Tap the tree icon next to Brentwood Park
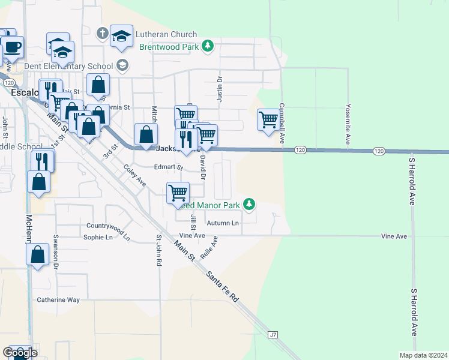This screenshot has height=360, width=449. tap(207, 46)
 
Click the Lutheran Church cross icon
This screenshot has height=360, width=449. tap(103, 34)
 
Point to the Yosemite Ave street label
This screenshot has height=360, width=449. tap(348, 124)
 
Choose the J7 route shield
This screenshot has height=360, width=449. tap(274, 334)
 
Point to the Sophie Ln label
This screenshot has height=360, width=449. tap(98, 237)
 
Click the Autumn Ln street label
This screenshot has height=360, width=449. tap(223, 223)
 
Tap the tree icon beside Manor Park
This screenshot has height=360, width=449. tap(248, 205)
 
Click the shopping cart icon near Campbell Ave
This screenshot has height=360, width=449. tap(268, 119)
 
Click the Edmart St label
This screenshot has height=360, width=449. tap(167, 167)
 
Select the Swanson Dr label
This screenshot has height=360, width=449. tap(55, 251)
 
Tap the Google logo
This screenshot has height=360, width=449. tap(20, 353)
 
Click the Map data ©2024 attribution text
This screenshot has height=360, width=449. tap(423, 355)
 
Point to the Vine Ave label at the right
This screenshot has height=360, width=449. tap(394, 236)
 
